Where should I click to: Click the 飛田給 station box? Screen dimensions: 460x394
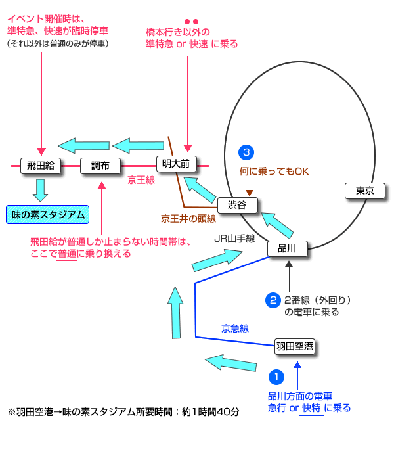tap(40, 166)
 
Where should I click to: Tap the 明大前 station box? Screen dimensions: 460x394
tap(177, 164)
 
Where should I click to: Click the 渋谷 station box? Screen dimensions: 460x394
tap(236, 205)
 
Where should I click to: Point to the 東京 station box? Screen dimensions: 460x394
tap(364, 191)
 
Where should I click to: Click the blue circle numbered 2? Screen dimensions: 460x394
tap(273, 300)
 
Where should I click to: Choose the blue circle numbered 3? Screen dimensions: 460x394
tap(246, 153)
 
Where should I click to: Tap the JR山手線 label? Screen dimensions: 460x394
tap(234, 239)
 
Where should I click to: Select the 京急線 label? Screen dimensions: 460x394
tap(235, 327)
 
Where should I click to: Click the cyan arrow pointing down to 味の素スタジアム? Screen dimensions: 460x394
tap(41, 189)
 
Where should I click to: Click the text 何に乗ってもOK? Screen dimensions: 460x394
tap(273, 172)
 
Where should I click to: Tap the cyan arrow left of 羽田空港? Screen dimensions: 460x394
tap(230, 362)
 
